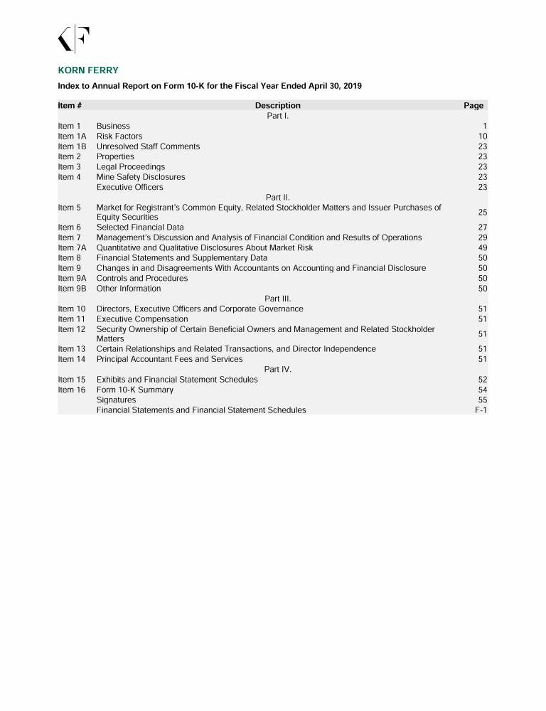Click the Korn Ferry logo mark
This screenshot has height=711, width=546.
[x=73, y=39]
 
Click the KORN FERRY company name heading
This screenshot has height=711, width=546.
[x=87, y=70]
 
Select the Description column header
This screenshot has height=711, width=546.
[x=277, y=105]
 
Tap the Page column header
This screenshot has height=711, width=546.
[x=473, y=105]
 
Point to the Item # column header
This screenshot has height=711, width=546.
[x=70, y=105]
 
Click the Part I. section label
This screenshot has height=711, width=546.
[x=277, y=115]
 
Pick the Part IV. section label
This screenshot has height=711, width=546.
[x=277, y=369]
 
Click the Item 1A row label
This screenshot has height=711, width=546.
[x=72, y=136]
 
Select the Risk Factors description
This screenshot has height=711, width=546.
[x=119, y=136]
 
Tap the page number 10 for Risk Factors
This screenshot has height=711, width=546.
[x=483, y=136]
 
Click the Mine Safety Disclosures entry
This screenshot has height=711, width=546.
[x=141, y=177]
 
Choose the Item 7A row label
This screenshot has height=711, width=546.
[x=72, y=247]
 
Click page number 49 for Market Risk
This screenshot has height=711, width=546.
[x=483, y=247]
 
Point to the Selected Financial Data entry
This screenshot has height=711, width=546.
[x=140, y=228]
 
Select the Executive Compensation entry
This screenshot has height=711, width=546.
[x=142, y=319]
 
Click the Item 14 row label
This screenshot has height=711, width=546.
[x=71, y=359]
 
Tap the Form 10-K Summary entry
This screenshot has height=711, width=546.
[x=135, y=390]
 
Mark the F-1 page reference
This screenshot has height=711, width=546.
[x=481, y=410]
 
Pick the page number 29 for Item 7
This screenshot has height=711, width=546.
[x=483, y=237]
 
